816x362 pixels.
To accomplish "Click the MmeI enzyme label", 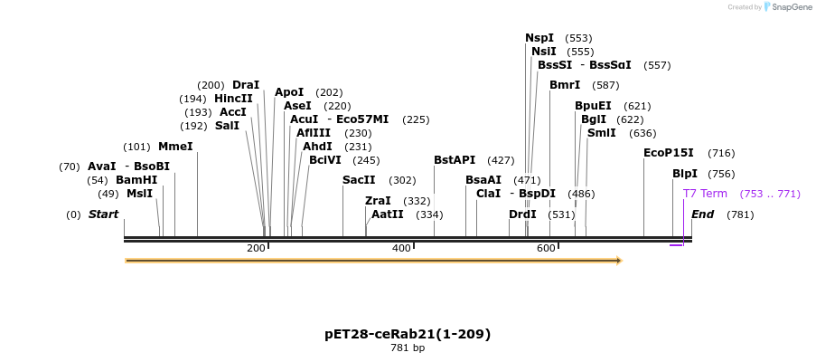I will click(175, 147).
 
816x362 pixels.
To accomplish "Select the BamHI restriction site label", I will click(136, 180).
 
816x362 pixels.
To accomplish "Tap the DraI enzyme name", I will click(246, 85).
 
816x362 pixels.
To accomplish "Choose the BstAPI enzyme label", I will click(455, 160).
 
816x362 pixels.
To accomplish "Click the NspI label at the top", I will click(539, 38).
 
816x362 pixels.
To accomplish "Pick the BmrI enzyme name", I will click(565, 85).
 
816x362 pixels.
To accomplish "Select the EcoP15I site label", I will click(669, 153).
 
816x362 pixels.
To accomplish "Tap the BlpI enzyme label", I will click(685, 174).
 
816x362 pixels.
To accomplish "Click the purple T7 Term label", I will click(705, 194).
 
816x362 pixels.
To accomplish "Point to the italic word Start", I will click(103, 214).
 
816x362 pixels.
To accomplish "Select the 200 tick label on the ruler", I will click(256, 248).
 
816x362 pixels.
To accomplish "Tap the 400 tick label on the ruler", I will click(401, 248).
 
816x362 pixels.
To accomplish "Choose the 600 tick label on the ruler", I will click(546, 248).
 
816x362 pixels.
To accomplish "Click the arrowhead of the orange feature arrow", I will click(618, 261).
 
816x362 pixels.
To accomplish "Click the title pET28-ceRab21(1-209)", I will click(408, 334).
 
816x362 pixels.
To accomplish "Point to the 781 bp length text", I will click(408, 348).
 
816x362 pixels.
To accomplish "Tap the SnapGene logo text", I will click(791, 7).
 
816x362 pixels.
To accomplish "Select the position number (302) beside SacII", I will click(403, 180).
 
